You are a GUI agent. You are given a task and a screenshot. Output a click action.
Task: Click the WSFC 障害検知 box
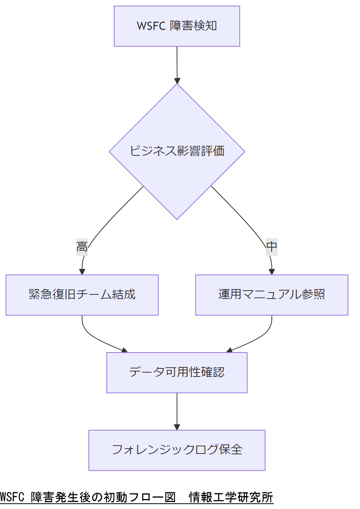pos(177,26)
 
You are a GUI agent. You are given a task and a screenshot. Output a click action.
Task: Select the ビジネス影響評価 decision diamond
pos(177,151)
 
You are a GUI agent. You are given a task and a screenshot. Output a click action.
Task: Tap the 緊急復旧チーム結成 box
pos(82,295)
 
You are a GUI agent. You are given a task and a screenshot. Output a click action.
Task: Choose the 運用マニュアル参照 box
pos(272,295)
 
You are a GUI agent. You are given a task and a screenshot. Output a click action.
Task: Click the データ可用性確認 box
pos(177,372)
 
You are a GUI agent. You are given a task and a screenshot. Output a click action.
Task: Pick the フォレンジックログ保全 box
pos(177,450)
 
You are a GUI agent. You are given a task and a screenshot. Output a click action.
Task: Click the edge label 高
pos(82,247)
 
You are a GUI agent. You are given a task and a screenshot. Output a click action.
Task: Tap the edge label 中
pos(272,247)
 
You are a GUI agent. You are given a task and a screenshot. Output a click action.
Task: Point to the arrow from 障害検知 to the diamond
pos(177,65)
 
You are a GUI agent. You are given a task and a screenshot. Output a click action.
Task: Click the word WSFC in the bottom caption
pos(12,497)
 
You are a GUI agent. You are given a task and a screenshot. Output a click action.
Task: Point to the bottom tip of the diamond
pos(177,218)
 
